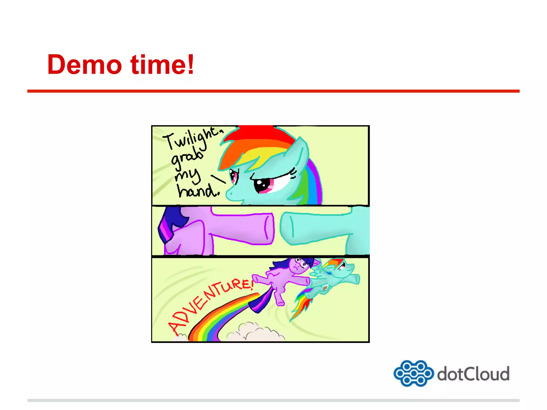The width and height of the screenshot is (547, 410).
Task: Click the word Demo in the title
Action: coord(84,65)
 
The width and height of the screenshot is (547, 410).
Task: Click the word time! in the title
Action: coord(162,65)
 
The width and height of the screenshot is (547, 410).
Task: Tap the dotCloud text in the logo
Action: coord(473,374)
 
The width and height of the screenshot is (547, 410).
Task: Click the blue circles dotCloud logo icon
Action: coord(413,373)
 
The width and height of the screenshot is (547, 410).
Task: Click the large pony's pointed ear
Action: coord(300,152)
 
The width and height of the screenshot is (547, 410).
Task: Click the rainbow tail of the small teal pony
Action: coord(303,303)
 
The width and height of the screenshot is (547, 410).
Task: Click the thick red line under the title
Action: coord(273,91)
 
